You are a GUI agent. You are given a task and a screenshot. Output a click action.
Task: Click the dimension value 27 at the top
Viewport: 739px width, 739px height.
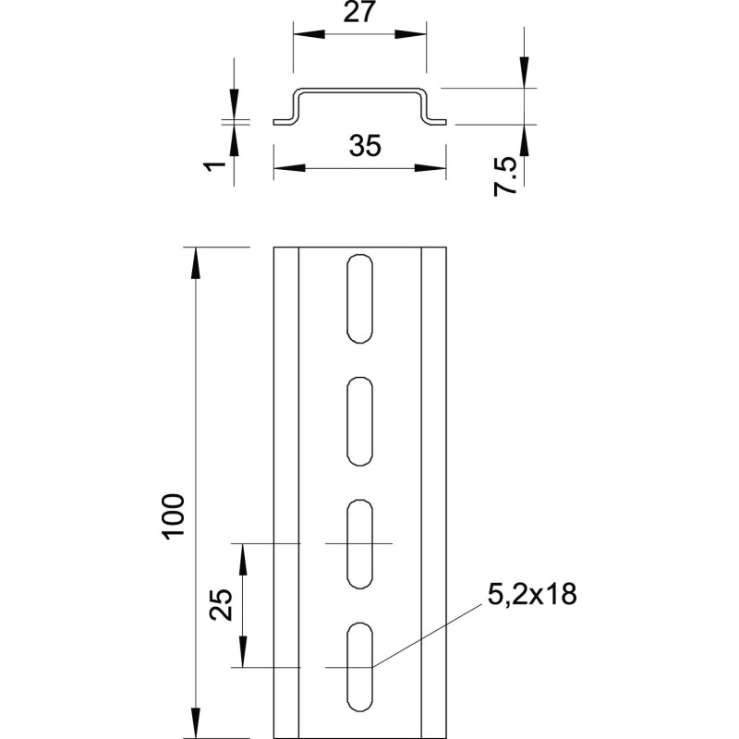(x=358, y=12)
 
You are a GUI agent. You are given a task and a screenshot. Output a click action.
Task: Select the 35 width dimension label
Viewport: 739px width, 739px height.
(x=365, y=145)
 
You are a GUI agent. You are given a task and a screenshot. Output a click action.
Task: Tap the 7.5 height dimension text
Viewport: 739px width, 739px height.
(x=505, y=177)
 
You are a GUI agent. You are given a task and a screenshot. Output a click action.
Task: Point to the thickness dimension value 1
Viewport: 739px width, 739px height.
(x=214, y=166)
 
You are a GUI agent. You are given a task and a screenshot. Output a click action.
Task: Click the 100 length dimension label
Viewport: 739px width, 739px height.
(x=173, y=516)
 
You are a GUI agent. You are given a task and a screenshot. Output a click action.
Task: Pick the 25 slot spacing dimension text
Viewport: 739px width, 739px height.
(x=221, y=605)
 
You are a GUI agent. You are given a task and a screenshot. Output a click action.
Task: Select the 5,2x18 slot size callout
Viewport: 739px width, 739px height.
(x=532, y=594)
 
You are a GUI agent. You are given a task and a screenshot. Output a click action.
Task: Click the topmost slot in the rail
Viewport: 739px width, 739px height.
(x=359, y=298)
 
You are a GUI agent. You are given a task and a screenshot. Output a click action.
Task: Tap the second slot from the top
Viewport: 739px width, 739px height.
(x=359, y=421)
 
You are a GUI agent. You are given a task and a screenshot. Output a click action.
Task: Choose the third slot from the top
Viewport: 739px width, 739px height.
(x=359, y=544)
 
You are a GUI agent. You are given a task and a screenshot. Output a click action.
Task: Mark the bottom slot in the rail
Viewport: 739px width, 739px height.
(x=359, y=666)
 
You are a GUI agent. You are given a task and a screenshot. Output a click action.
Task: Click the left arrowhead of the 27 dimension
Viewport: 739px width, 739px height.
(x=309, y=34)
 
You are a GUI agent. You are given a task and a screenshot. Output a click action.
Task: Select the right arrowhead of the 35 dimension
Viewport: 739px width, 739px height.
(x=430, y=168)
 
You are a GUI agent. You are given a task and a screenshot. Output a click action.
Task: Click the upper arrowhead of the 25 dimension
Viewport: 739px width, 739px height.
(x=243, y=560)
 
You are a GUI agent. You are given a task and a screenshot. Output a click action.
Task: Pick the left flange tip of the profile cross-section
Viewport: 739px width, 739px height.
(x=274, y=122)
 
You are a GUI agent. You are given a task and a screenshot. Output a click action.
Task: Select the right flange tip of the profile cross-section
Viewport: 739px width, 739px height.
(x=445, y=122)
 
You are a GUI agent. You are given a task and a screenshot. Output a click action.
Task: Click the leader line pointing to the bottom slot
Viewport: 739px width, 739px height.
(x=428, y=636)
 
